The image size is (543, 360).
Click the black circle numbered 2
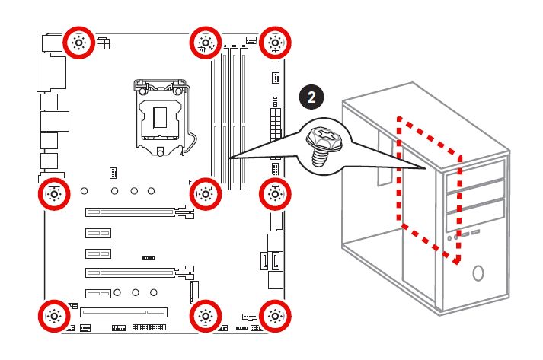click(310, 97)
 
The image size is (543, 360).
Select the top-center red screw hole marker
click(206, 43)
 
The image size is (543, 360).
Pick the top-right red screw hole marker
click(275, 43)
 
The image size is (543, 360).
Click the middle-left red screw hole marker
click(53, 193)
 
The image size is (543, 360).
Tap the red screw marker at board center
click(206, 193)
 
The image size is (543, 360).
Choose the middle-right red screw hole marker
click(275, 193)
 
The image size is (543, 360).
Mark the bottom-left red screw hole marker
click(53, 315)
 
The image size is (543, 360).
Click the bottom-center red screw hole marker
click(206, 315)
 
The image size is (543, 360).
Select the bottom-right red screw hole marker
click(275, 315)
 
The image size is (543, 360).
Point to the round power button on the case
click(478, 272)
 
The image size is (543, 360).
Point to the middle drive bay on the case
click(475, 195)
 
